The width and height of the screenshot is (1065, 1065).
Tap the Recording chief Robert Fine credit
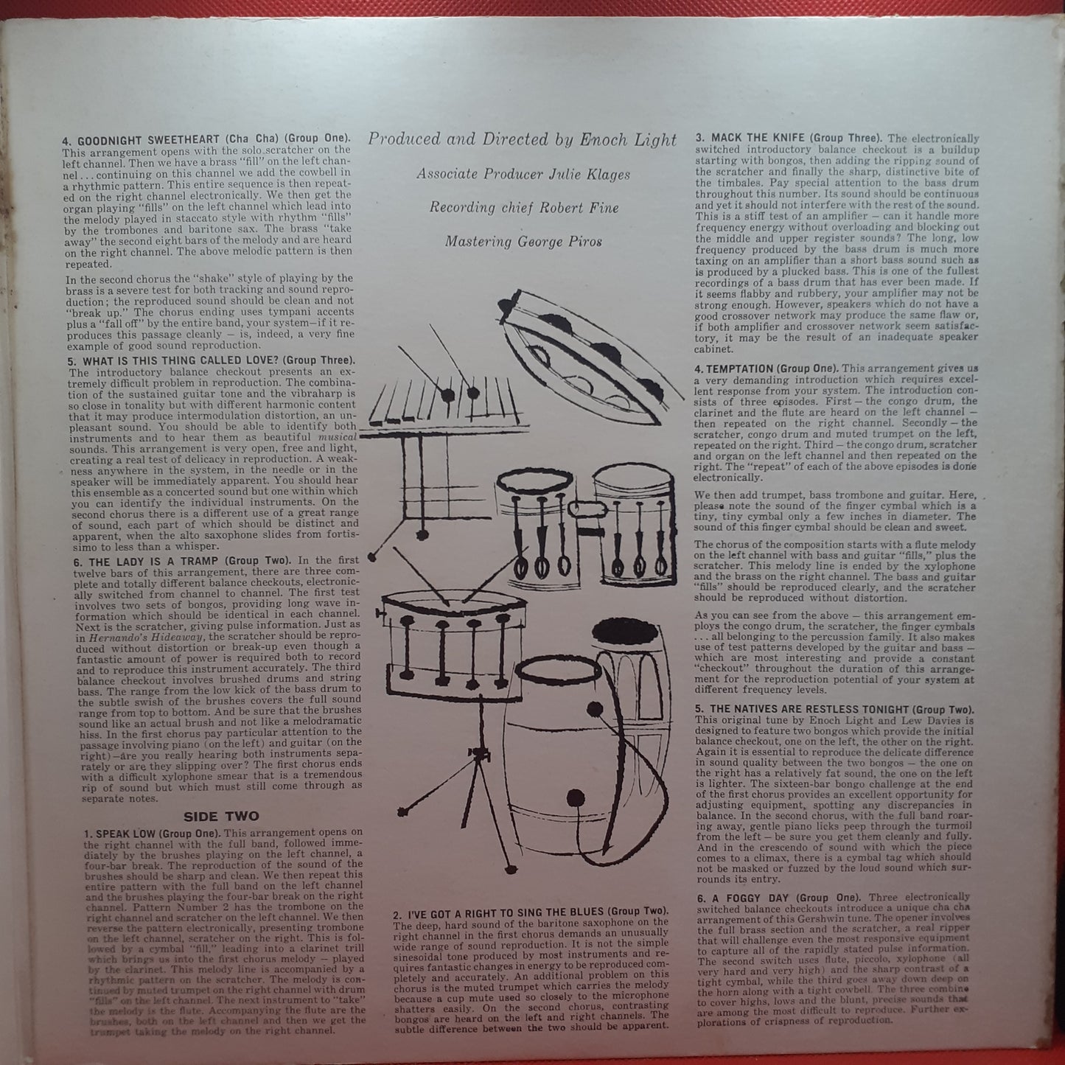(x=524, y=208)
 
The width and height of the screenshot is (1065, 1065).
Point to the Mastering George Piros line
(x=523, y=242)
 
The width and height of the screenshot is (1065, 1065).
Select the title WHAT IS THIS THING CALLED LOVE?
(x=192, y=361)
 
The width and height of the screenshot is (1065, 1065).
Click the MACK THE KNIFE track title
(x=755, y=138)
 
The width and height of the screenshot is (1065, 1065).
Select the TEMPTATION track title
(x=738, y=368)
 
